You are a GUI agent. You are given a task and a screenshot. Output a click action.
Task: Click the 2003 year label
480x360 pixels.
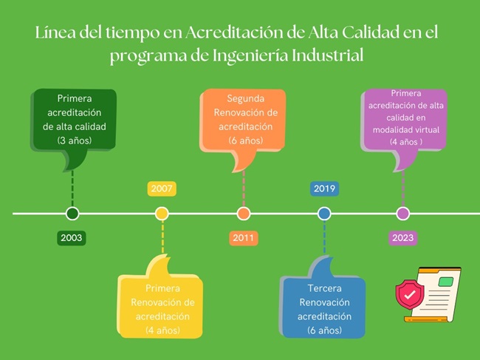[x=72, y=238]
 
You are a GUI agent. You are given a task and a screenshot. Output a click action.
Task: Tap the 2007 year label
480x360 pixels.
[x=162, y=189]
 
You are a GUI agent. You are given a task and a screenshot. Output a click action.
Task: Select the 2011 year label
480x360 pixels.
[x=244, y=238]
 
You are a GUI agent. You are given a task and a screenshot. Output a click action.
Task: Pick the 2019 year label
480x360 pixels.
[x=324, y=189]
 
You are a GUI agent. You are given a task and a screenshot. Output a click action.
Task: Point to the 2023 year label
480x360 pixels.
[x=403, y=238]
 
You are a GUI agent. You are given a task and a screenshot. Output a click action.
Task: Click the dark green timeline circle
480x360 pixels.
[x=72, y=214]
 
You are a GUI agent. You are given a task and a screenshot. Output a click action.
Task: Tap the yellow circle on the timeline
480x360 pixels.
[x=162, y=214]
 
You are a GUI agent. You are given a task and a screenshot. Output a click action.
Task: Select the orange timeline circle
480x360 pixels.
[x=244, y=214]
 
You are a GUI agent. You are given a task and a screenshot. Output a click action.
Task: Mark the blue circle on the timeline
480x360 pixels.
[x=324, y=214]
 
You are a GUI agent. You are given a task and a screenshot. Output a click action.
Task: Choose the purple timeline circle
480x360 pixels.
[x=403, y=214]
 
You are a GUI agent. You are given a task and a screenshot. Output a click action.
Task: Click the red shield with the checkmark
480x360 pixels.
[x=410, y=294]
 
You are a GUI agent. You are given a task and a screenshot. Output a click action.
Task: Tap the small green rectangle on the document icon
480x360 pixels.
[x=446, y=282]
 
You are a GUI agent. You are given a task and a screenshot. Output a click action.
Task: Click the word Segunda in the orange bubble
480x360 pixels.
[x=245, y=98]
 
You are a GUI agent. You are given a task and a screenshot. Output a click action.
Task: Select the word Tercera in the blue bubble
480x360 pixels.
[x=324, y=288]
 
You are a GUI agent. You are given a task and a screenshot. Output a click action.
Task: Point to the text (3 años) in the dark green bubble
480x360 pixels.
[x=75, y=140]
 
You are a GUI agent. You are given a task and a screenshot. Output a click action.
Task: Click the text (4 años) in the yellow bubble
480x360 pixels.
[x=162, y=330]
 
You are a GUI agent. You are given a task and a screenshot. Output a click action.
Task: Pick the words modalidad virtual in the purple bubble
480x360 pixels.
[x=406, y=130]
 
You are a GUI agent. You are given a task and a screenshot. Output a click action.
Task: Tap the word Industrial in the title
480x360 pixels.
[x=328, y=55]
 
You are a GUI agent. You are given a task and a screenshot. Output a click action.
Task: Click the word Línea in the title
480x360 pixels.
[x=55, y=33]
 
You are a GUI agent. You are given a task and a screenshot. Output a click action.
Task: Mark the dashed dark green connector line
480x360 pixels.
[x=72, y=189]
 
